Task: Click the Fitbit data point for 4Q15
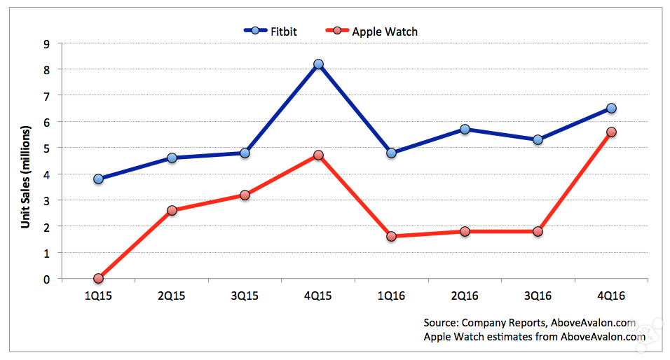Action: point(319,64)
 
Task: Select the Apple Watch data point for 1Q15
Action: point(98,278)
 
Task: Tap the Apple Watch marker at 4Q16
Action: point(611,132)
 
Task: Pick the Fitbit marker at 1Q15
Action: point(98,179)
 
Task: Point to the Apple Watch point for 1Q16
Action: point(391,237)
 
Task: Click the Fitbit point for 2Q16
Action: point(465,129)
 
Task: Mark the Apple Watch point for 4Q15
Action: point(319,155)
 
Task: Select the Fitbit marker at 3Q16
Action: point(538,139)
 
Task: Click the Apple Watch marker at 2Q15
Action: point(172,210)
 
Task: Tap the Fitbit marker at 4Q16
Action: point(611,108)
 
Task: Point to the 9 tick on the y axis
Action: point(46,43)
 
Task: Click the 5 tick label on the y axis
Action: point(46,148)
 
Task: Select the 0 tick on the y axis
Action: point(46,279)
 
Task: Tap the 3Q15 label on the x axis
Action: point(245,295)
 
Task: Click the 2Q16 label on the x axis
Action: point(465,295)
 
